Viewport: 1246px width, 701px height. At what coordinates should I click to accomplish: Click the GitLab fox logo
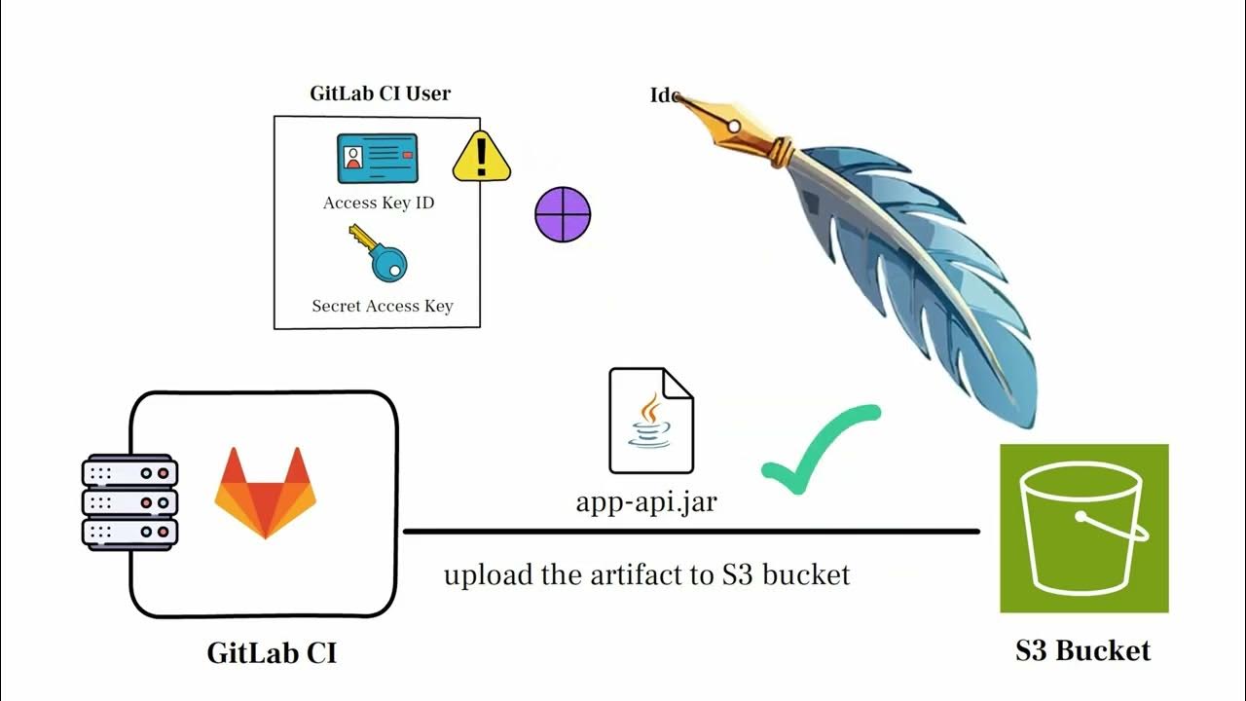click(x=265, y=492)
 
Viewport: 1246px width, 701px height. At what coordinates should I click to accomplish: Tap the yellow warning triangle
click(x=481, y=158)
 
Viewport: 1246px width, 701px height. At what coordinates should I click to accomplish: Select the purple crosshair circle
click(x=563, y=214)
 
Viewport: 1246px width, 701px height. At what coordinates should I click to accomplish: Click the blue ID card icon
click(x=377, y=159)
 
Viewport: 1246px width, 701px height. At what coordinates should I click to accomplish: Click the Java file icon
click(x=650, y=421)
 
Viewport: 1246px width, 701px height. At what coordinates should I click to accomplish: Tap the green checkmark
click(x=819, y=449)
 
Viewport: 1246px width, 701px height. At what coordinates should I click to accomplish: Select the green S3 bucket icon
click(x=1083, y=529)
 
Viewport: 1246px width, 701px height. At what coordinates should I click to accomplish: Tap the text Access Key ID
click(x=379, y=203)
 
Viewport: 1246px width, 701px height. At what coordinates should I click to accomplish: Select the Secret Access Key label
click(x=382, y=306)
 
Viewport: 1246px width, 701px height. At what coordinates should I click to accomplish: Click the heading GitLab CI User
click(x=380, y=94)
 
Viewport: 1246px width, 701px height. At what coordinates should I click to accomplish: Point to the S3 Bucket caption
click(x=1082, y=650)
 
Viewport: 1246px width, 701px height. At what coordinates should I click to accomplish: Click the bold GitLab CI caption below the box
click(x=272, y=652)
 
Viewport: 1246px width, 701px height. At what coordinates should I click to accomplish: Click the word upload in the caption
click(x=487, y=575)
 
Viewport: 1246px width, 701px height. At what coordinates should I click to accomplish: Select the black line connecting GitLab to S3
click(x=691, y=532)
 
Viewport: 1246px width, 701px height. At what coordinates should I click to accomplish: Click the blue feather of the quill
click(x=915, y=263)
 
